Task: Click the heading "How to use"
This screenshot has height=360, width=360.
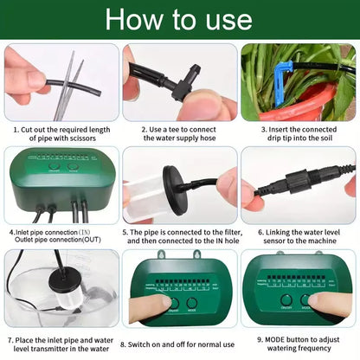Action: coord(179,19)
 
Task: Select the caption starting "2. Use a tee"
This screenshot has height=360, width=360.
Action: coord(180,131)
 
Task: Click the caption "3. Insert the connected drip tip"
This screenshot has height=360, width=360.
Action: coord(299,131)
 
